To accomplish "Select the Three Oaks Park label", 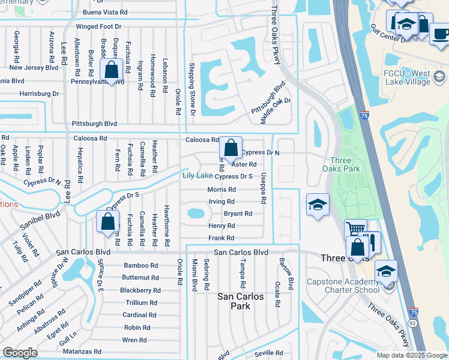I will [345, 164].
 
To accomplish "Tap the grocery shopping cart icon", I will [355, 229].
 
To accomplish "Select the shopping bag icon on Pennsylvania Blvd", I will [112, 69].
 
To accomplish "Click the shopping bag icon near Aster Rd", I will [231, 147].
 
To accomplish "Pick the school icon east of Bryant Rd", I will [318, 205].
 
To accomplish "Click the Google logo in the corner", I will [20, 352].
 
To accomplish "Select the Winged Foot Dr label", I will [98, 26].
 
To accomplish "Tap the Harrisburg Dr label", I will [39, 94].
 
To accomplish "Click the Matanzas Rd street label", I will [81, 351].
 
